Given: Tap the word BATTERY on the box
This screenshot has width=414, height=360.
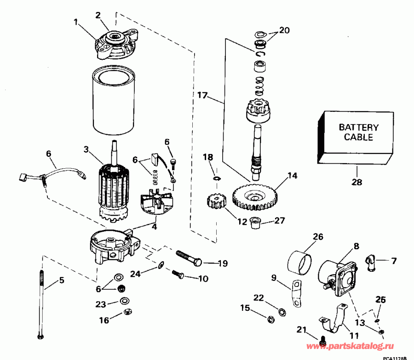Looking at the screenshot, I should [358, 127].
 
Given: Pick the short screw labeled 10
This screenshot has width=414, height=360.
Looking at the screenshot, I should [178, 274].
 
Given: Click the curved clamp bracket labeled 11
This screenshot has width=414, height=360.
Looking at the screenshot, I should [333, 321].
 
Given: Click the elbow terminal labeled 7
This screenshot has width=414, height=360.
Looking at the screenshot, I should [371, 263].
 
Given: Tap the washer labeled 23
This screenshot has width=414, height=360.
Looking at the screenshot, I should [124, 301].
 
